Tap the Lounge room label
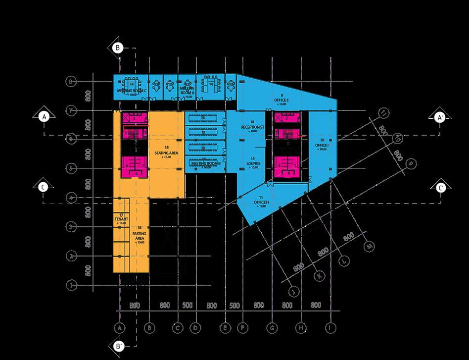tap(252, 163)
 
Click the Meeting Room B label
tap(205, 163)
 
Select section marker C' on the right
tap(441, 188)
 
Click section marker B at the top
tap(118, 48)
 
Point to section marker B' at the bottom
tap(119, 347)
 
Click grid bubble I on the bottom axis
tap(330, 327)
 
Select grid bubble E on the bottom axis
tap(225, 327)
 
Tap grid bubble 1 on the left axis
tap(72, 285)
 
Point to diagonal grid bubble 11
tap(382, 113)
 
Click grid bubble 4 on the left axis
tap(72, 198)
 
